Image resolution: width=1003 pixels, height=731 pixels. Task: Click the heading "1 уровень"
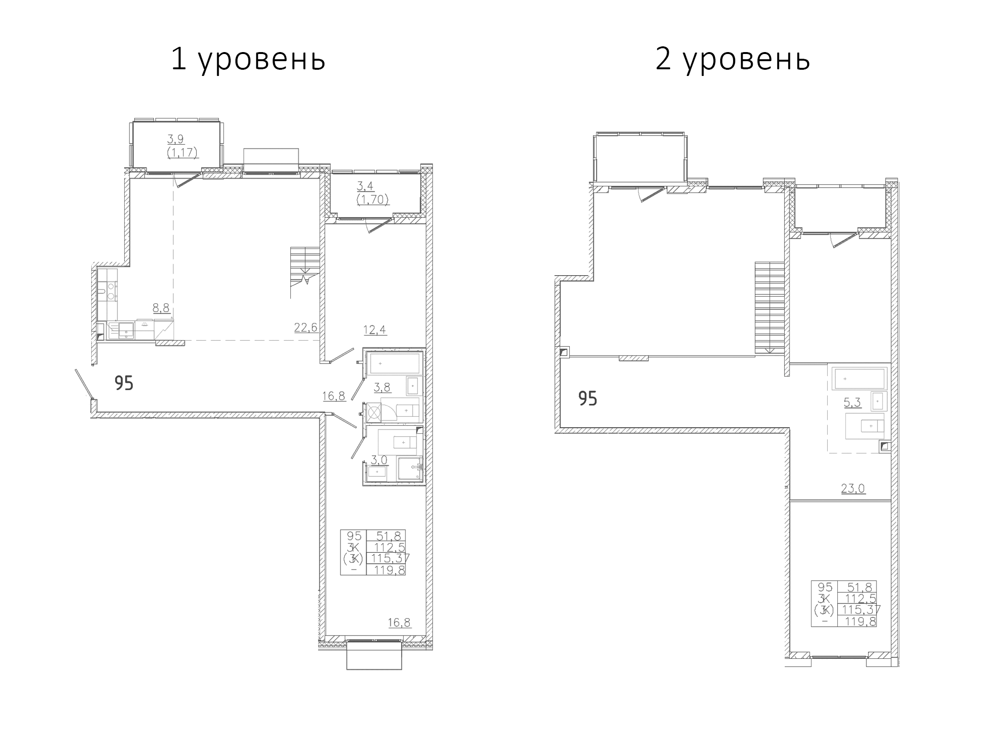248,60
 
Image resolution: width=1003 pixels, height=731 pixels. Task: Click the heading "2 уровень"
733,60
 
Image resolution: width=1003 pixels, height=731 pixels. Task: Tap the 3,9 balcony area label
176,139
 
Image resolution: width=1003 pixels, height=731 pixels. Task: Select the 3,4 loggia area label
366,186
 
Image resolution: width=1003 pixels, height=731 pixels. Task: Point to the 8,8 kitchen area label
161,308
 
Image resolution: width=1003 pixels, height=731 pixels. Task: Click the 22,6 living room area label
306,327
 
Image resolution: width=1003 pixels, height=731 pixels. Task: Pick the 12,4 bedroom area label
375,330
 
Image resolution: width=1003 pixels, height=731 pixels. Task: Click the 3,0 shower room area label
379,460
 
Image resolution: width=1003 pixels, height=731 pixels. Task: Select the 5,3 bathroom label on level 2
852,403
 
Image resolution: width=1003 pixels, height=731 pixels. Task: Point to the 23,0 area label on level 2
854,488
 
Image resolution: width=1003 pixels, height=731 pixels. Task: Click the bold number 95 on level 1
124,383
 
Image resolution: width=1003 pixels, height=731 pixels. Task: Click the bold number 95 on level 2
588,398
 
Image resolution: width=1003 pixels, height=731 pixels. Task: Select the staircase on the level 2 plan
770,308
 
